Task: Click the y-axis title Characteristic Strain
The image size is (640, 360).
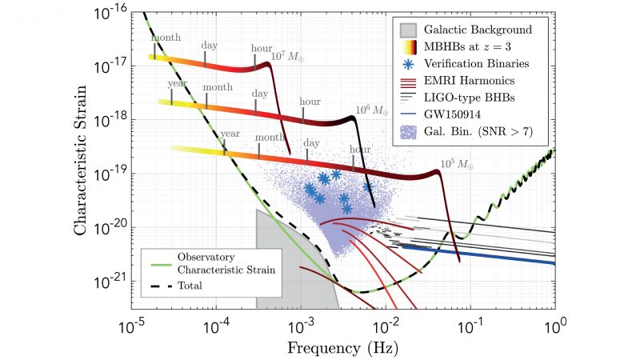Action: (82, 160)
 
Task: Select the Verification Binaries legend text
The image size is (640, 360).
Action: (482, 62)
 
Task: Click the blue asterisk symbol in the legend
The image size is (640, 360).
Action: (408, 62)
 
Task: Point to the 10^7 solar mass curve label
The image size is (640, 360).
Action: (287, 56)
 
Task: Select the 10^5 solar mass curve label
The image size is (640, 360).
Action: (456, 165)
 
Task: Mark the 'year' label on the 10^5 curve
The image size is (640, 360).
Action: (230, 134)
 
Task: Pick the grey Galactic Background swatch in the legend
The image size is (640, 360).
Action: (408, 30)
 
